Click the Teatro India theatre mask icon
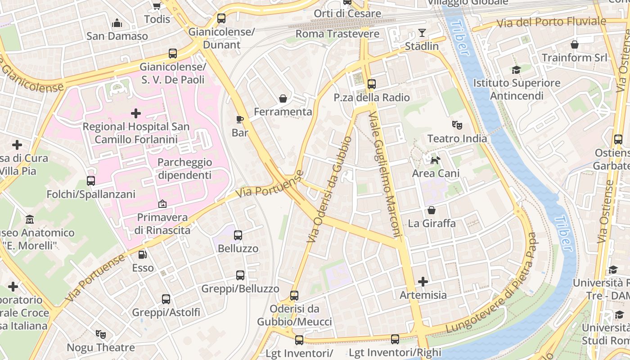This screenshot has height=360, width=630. [457, 125]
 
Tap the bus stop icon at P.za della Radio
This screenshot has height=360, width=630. [372, 84]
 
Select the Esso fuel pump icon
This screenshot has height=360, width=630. [143, 255]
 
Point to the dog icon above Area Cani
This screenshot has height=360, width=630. [435, 160]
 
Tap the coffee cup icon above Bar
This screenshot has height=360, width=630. [240, 119]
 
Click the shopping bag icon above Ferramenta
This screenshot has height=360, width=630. [283, 98]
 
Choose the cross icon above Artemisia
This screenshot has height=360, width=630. [423, 282]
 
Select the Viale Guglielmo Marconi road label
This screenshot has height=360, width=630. [385, 174]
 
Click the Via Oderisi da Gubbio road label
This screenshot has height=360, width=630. [329, 189]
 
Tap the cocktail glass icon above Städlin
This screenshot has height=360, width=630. [422, 33]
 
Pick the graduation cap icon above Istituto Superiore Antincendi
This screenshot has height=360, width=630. [516, 70]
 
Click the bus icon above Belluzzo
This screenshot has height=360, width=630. [238, 235]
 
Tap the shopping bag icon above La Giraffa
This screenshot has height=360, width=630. [432, 210]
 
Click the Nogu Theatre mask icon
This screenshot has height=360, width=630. [101, 334]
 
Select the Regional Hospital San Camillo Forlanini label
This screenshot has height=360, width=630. [136, 133]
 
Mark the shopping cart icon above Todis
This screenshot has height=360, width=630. [157, 6]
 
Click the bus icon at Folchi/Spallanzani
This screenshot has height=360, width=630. [91, 181]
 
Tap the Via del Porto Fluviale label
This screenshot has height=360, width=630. [551, 22]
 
